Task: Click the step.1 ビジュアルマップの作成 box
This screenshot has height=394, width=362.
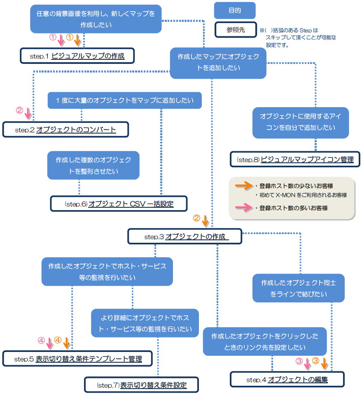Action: (77, 56)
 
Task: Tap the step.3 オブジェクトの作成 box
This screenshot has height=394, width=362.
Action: (185, 237)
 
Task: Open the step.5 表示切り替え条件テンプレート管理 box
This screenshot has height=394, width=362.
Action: (77, 359)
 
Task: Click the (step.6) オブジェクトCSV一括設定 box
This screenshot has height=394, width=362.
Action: (119, 204)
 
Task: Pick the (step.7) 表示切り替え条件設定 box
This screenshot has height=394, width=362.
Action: (141, 385)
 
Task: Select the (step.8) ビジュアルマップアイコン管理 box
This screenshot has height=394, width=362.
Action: (295, 159)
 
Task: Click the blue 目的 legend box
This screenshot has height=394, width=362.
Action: (235, 10)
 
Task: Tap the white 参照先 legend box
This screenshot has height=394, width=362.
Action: (235, 30)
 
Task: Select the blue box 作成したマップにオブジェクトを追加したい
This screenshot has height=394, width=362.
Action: (218, 62)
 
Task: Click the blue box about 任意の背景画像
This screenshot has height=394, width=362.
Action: (96, 19)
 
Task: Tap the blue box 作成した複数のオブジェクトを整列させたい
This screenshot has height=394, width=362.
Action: (93, 165)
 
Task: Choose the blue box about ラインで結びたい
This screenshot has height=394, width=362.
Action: (299, 288)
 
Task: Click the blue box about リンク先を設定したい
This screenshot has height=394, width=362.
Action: (265, 341)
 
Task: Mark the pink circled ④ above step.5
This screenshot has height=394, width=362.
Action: (41, 340)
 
